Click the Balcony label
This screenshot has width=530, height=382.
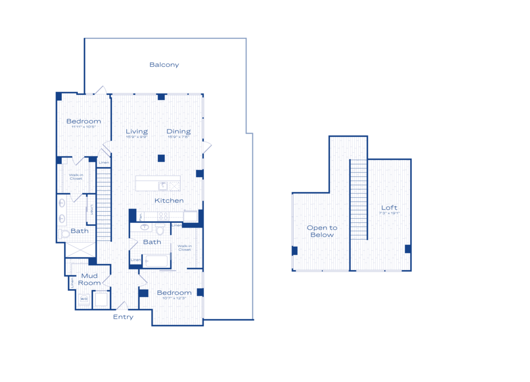(164, 65)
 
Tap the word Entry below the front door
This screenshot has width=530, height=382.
(123, 317)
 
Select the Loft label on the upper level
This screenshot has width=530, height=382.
(389, 207)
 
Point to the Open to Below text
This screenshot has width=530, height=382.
(322, 231)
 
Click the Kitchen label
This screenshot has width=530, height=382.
(169, 201)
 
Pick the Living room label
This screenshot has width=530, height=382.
(137, 132)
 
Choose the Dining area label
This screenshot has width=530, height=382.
(179, 132)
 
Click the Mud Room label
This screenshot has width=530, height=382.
(90, 279)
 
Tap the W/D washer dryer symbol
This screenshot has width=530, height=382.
(84, 299)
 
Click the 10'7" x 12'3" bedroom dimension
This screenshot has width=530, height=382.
(174, 299)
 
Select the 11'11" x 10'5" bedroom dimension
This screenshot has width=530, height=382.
(84, 127)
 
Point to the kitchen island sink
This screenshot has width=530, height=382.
(163, 186)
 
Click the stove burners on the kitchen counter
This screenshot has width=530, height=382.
(163, 216)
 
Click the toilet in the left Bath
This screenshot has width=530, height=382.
(65, 233)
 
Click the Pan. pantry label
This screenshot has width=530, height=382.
(140, 216)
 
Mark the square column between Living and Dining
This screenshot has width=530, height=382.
(161, 158)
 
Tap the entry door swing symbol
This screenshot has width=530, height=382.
(122, 306)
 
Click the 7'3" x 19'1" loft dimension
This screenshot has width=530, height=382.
(389, 213)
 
